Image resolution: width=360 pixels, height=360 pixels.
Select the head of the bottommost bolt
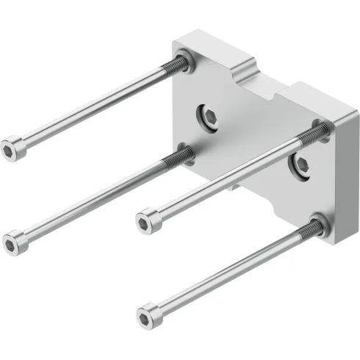[x=147, y=317]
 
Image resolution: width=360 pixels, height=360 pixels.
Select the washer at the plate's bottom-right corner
[x=317, y=223]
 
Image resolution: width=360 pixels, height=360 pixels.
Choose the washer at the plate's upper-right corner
[x=320, y=131]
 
